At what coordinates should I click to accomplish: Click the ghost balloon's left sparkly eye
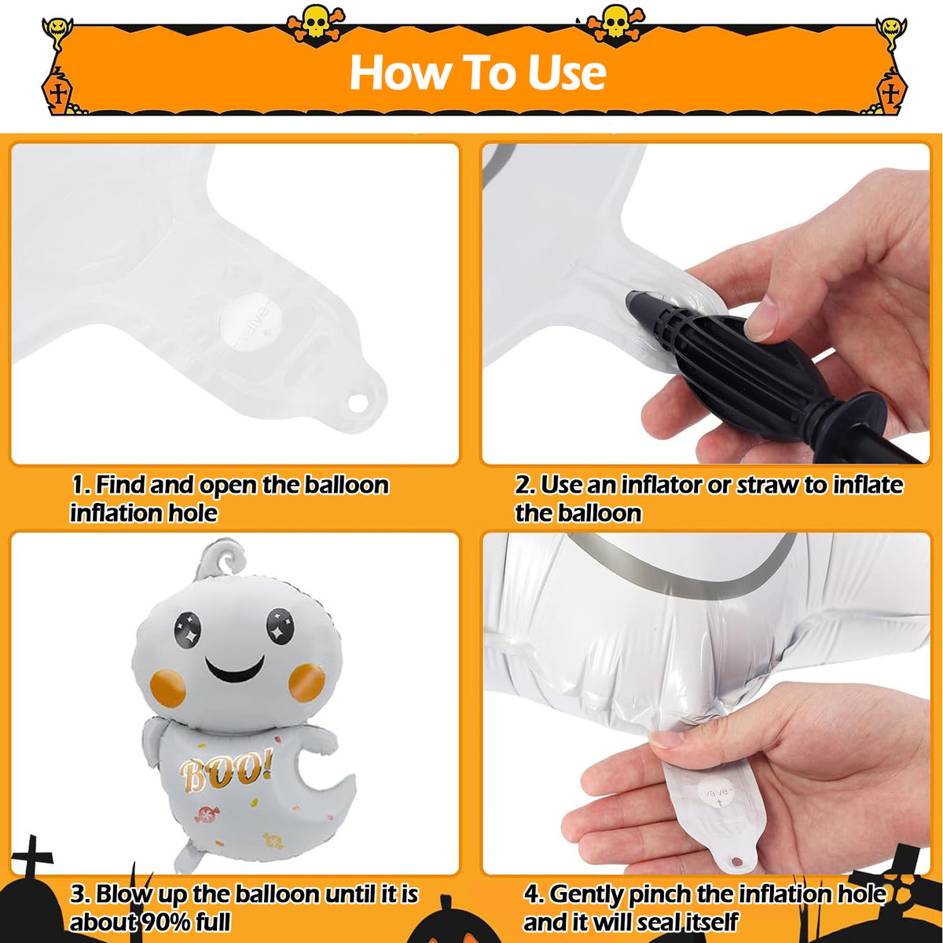[x=188, y=629]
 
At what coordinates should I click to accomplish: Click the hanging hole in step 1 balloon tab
[x=358, y=402]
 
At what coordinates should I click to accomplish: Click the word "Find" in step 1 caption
[x=121, y=485]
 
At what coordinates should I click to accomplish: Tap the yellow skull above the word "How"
[x=316, y=21]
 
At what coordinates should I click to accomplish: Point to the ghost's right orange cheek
[x=306, y=682]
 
